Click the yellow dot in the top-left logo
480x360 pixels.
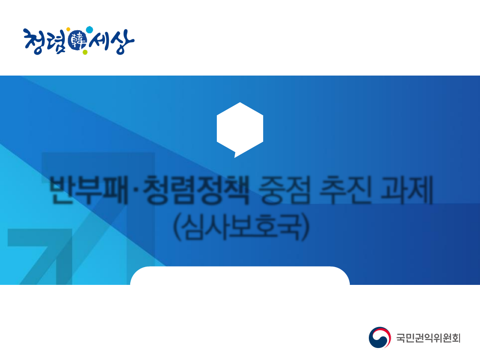68,30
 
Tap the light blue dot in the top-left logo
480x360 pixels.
89,30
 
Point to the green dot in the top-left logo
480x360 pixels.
85,52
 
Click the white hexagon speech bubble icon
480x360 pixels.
240,128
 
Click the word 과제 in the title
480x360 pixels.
404,190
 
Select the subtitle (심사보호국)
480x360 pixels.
240,228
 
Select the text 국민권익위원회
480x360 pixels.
428,338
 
